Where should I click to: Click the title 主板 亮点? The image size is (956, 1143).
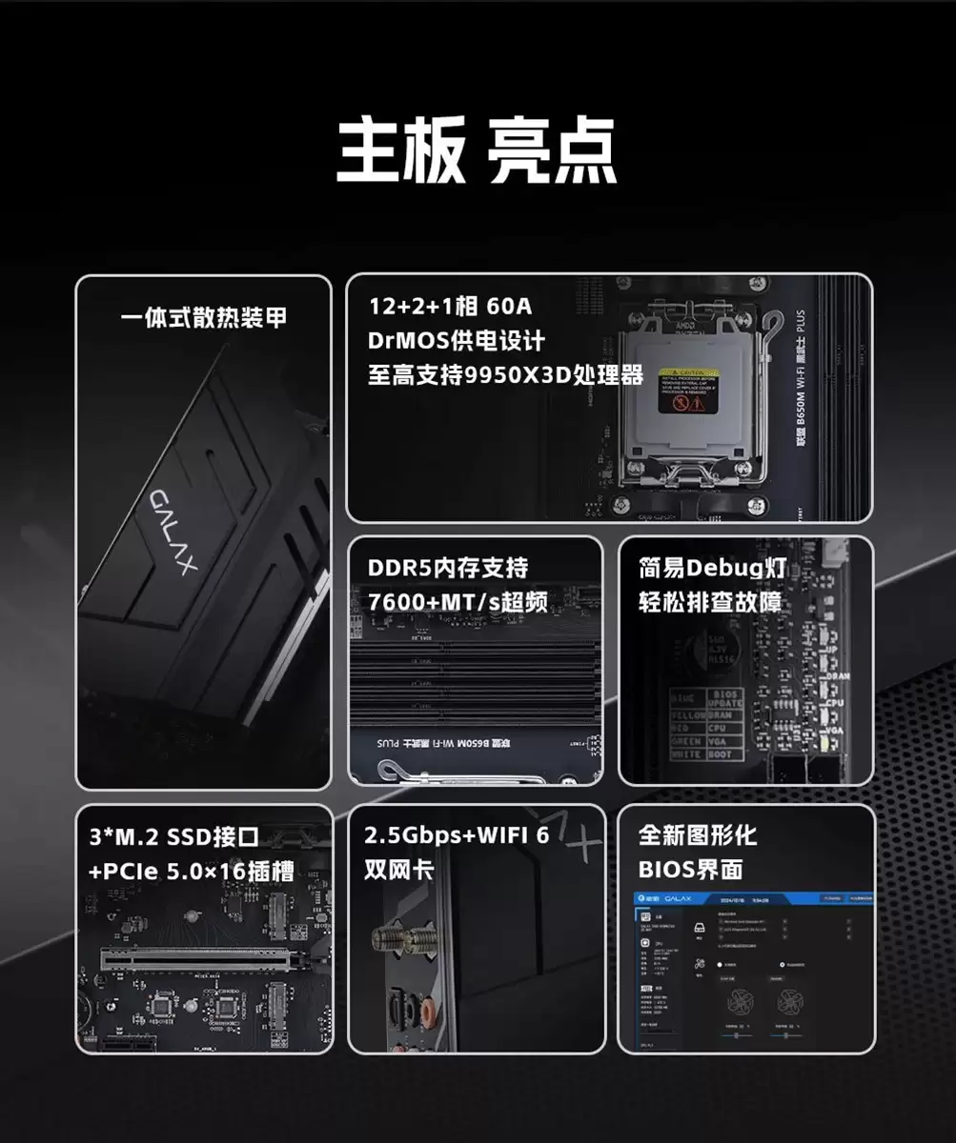(477, 150)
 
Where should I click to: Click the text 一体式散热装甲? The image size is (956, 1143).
(203, 317)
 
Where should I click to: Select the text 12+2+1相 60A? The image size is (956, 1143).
(450, 307)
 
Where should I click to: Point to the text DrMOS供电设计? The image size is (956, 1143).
(457, 341)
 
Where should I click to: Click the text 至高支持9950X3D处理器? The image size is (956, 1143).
(505, 375)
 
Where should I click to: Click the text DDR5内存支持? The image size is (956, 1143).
(447, 569)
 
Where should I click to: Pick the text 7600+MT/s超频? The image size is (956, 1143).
(458, 603)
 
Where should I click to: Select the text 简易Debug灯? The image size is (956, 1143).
(712, 569)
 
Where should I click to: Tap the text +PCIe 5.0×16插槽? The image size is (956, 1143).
(191, 871)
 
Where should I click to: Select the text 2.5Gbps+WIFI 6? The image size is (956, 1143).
(457, 836)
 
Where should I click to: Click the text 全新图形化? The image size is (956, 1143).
(698, 836)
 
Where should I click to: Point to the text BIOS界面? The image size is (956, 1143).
(690, 871)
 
